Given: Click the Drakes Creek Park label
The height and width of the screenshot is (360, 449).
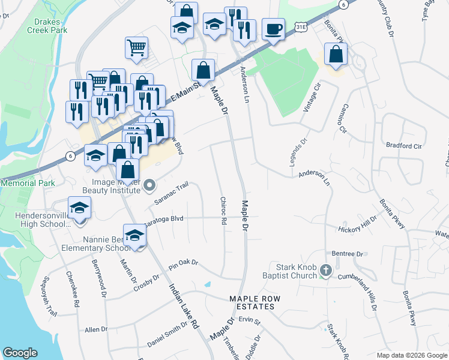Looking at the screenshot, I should coord(46,26).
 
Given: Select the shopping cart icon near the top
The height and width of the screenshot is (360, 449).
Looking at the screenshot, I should coord(137,47).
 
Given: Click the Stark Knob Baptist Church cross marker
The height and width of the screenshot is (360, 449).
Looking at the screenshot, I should coord(326,270).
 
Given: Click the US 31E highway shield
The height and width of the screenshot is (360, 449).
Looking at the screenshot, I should coord(303,27).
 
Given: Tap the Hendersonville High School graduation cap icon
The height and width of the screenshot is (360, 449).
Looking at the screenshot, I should coord(79,208).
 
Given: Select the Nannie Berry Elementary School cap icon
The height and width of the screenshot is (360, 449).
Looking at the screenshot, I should coord(135,235).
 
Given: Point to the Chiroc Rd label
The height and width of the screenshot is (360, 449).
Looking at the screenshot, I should coord(223,211).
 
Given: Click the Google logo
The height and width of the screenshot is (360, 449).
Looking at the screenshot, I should coord(20,353).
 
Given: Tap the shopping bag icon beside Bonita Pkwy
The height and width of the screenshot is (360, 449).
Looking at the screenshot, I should coord(335,53).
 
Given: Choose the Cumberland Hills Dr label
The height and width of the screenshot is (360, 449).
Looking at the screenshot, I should coord(366,287).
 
